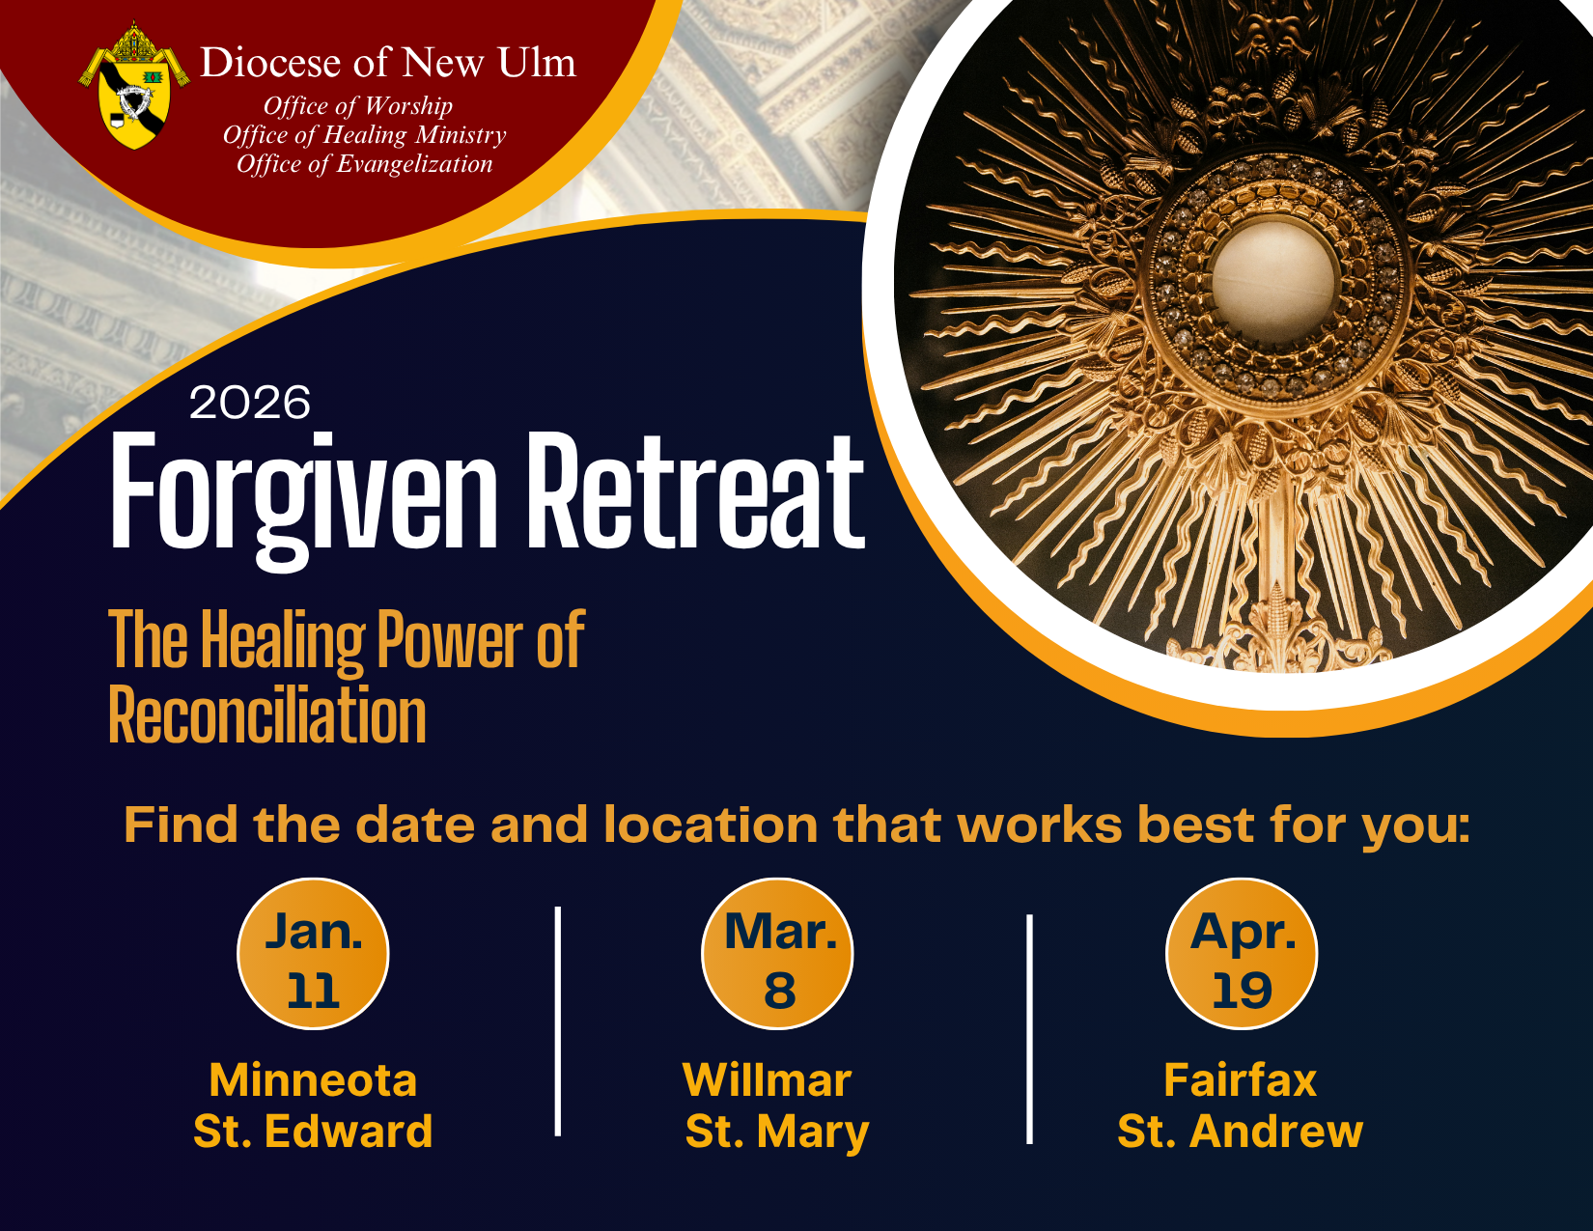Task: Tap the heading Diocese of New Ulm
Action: tap(387, 64)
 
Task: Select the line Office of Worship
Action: tap(358, 106)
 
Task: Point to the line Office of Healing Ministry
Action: tap(364, 135)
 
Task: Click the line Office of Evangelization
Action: tap(365, 164)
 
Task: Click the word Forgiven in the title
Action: tap(304, 492)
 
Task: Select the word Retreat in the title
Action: tap(696, 492)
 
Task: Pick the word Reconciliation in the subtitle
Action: tap(267, 716)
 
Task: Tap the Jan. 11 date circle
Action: tap(313, 954)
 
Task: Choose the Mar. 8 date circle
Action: tap(777, 954)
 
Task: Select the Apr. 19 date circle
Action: tap(1242, 954)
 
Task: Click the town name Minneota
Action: tap(313, 1080)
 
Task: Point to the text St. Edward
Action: tap(313, 1132)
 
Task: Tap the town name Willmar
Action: tap(768, 1080)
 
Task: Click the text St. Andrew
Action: tap(1240, 1132)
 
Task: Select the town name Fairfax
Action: tap(1240, 1080)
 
